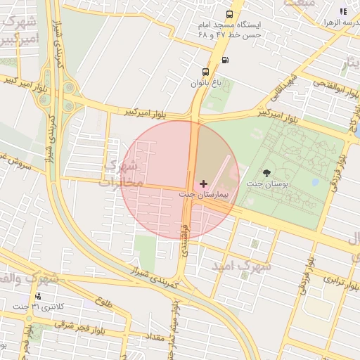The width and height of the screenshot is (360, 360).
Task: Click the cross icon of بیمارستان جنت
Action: point(204,184)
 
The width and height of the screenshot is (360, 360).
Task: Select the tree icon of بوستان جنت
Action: point(266,173)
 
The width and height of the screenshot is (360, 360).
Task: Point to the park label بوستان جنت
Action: point(266,184)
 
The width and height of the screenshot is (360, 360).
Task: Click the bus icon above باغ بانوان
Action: point(205,72)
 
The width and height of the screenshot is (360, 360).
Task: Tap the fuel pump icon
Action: point(224,60)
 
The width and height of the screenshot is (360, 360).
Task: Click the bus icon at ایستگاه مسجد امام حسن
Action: point(229,15)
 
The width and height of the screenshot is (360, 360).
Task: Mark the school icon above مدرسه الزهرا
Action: point(343,11)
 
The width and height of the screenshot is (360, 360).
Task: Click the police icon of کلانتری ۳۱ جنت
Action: point(37,296)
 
